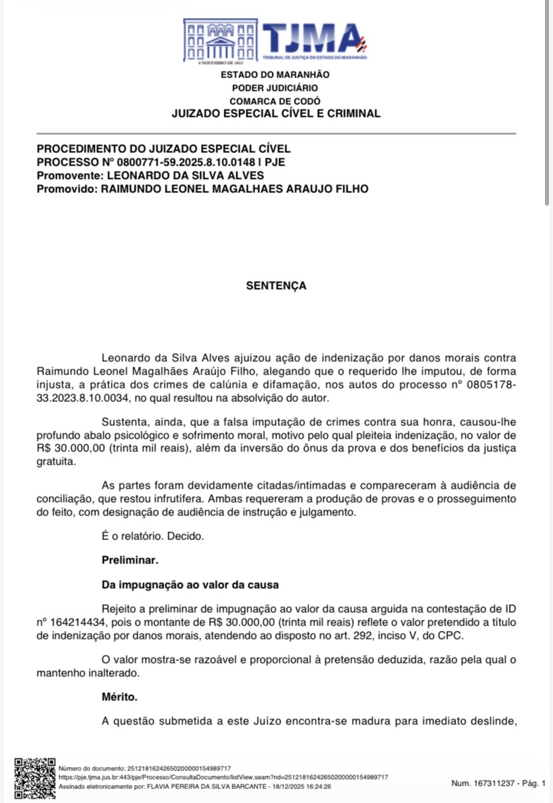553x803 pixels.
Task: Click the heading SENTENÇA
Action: [276, 286]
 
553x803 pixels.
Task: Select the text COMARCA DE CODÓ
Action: [274, 101]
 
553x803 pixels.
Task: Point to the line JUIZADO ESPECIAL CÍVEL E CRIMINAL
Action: [276, 113]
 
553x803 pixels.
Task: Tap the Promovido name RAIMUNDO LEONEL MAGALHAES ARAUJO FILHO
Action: [234, 189]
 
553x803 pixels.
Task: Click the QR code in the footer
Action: [35, 778]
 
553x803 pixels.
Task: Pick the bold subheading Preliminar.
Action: [130, 559]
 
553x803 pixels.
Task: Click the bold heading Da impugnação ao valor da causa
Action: [190, 585]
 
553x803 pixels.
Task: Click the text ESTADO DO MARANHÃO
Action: [274, 75]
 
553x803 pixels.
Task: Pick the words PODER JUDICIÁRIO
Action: [274, 88]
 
